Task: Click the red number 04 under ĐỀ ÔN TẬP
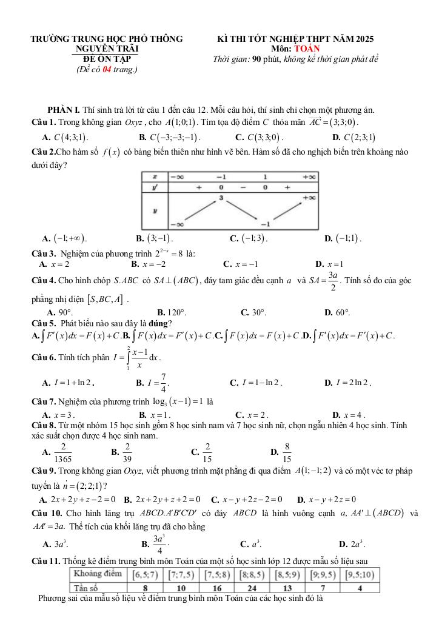point(107,69)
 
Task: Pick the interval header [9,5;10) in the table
point(360,574)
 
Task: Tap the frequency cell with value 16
point(218,588)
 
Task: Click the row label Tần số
point(87,588)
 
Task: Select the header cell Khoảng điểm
point(97,574)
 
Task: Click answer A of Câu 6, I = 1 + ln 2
point(67,383)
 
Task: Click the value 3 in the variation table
point(221,198)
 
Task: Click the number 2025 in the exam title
point(362,39)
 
